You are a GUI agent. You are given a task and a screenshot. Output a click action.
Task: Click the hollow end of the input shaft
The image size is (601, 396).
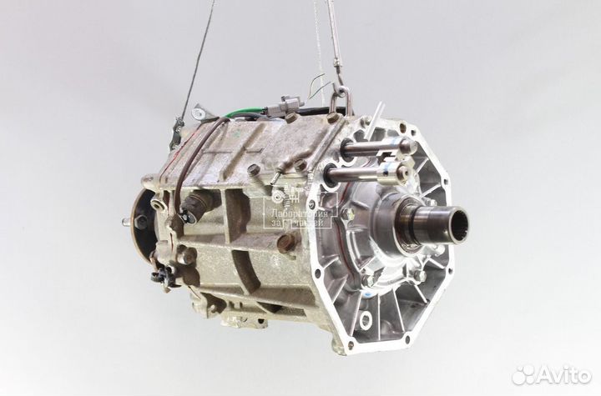(457, 224)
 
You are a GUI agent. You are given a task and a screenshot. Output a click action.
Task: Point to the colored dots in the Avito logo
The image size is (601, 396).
(523, 374)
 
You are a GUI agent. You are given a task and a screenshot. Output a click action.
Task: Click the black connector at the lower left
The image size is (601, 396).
(161, 276)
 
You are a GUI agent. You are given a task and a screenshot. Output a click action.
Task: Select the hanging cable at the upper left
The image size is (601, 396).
(197, 58)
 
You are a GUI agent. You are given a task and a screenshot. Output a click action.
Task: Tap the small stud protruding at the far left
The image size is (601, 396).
(125, 222)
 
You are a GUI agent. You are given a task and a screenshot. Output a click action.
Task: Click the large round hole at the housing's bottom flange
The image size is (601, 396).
(366, 319)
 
